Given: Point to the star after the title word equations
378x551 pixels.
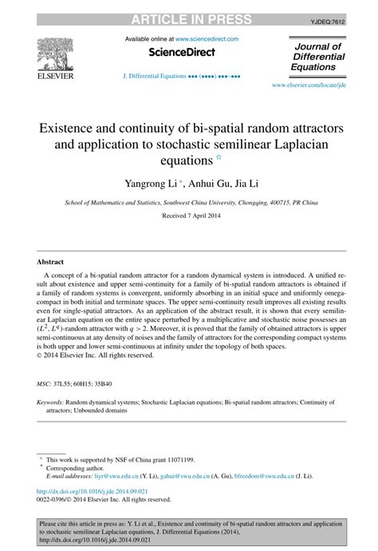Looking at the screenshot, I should click(219, 158).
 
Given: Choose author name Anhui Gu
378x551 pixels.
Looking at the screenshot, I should click(207, 183).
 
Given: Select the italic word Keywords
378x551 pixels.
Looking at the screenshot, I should click(50, 403).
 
